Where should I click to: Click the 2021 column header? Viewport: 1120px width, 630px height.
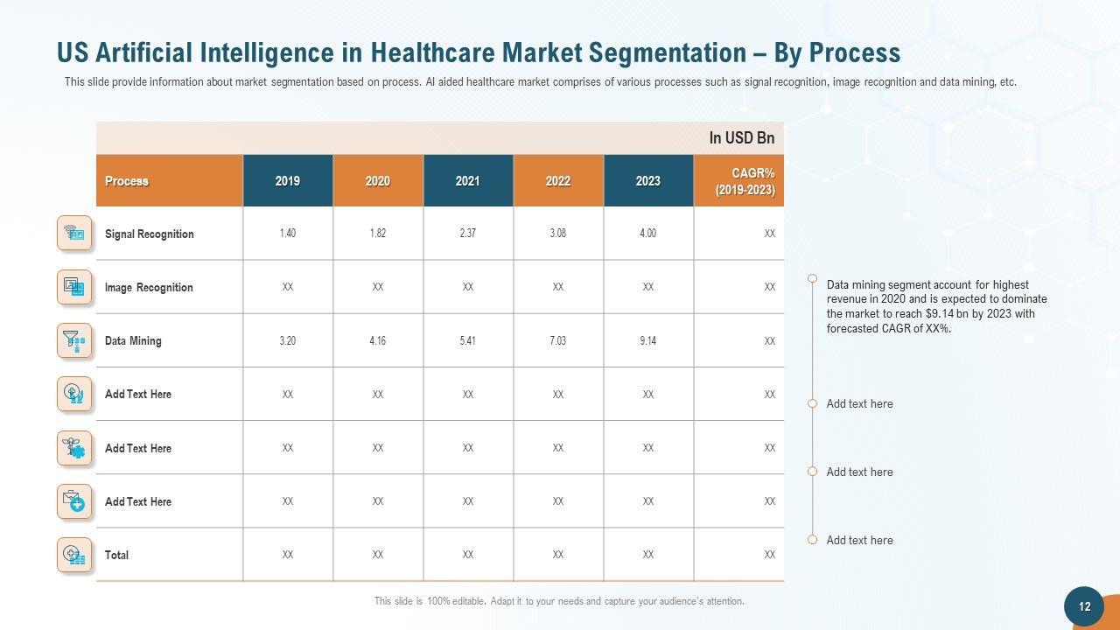(467, 181)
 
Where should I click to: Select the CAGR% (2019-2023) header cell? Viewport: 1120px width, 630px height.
(745, 181)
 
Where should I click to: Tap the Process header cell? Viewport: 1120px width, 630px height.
(127, 181)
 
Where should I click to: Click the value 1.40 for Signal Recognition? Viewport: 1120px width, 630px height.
(288, 234)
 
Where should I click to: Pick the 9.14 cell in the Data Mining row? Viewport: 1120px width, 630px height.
(647, 340)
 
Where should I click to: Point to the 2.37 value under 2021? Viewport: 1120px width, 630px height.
(467, 234)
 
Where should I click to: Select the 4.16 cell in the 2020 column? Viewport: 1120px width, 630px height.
(377, 340)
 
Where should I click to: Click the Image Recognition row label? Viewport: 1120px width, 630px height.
(149, 287)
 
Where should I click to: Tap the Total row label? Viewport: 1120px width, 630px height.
(116, 555)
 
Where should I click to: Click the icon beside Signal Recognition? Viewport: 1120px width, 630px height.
(74, 234)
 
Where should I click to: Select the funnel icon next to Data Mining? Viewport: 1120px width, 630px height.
(74, 340)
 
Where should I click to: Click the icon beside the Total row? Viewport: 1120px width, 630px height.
(74, 555)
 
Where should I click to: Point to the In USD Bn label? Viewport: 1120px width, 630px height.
(741, 138)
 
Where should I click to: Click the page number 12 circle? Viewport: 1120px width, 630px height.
(1084, 606)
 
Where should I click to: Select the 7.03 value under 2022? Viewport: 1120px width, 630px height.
(557, 340)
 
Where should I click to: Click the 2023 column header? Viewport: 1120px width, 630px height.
(647, 181)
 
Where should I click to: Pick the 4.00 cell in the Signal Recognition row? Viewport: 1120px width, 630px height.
(647, 234)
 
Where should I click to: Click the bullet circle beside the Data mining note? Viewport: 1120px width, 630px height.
(812, 280)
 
